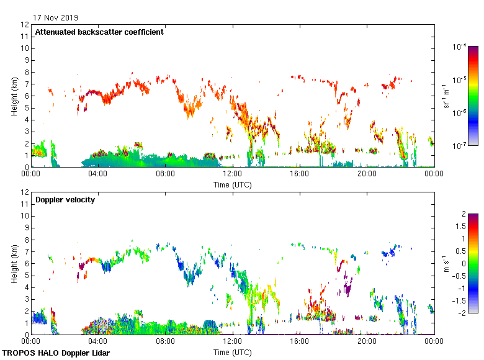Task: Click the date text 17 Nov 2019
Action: tap(56, 17)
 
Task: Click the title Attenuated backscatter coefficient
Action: tap(99, 32)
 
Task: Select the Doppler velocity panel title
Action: tap(64, 199)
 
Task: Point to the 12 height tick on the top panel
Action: tap(25, 25)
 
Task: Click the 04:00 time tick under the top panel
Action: tap(98, 174)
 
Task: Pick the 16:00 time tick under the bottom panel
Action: tap(300, 341)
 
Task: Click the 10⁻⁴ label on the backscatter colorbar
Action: tap(460, 47)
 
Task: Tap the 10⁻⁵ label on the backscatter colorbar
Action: tap(460, 79)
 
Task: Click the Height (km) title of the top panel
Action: tap(14, 96)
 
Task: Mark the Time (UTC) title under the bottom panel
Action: tap(233, 353)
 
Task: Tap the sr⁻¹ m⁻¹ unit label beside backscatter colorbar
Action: tap(447, 96)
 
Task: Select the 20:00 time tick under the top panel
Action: tap(367, 174)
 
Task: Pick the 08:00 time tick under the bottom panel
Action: tap(165, 341)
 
